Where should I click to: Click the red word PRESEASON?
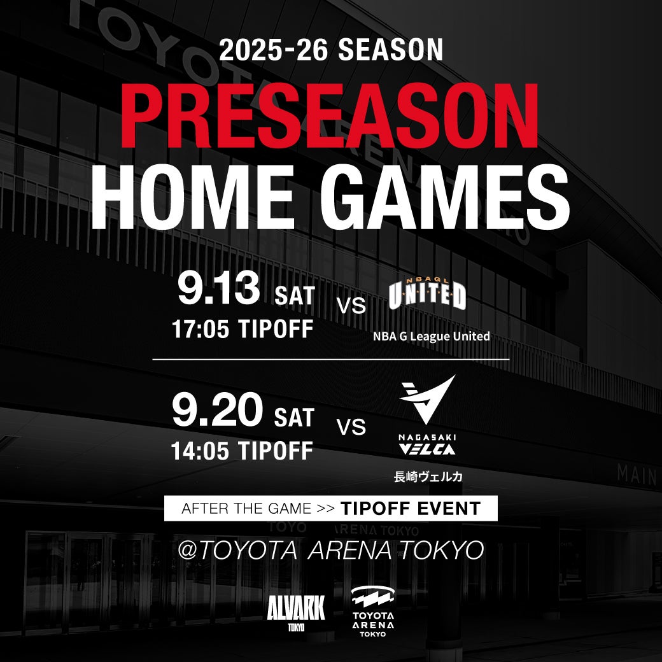click(330, 116)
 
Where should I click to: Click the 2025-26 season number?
click(273, 50)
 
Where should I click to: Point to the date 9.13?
click(219, 288)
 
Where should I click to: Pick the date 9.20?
click(218, 409)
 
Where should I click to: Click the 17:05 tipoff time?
click(200, 329)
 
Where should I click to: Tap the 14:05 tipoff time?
click(200, 451)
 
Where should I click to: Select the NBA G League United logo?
click(427, 293)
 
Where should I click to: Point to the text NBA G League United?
click(431, 337)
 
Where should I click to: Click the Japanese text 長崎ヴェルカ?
click(428, 477)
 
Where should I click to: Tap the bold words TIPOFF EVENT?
click(411, 509)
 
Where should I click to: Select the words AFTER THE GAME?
click(246, 509)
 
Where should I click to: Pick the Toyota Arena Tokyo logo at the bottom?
click(373, 611)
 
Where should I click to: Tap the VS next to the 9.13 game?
click(351, 306)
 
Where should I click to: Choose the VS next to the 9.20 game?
click(351, 427)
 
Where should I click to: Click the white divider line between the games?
click(331, 360)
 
